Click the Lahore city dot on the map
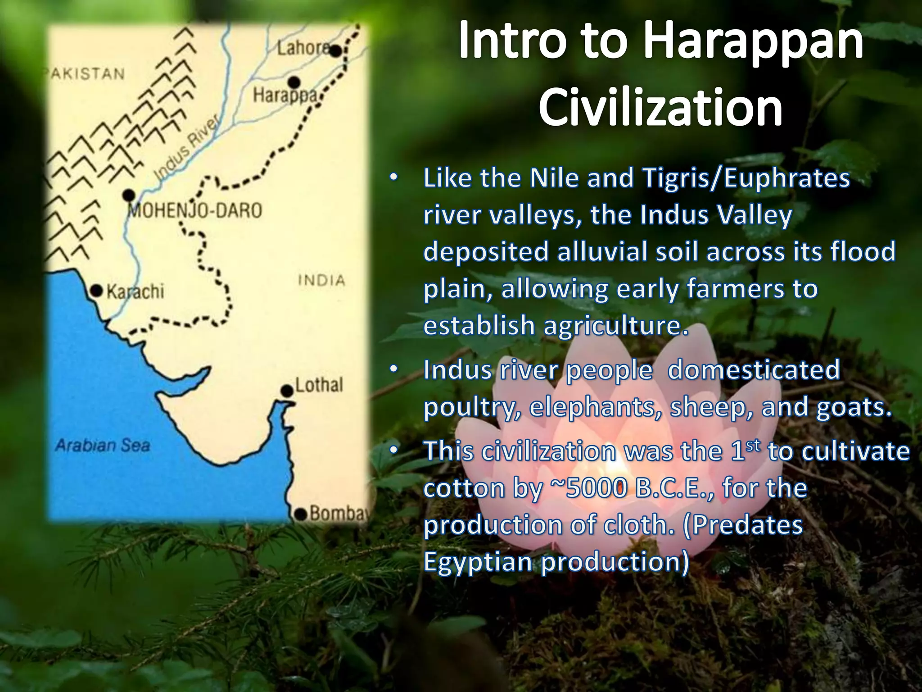(335, 51)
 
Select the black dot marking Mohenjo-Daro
(129, 195)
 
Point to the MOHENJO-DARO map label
(195, 211)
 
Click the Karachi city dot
(97, 291)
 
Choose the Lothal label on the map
(319, 385)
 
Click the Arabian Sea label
(102, 446)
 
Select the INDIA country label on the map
(321, 280)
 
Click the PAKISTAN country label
(85, 74)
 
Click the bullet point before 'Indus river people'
(393, 370)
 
